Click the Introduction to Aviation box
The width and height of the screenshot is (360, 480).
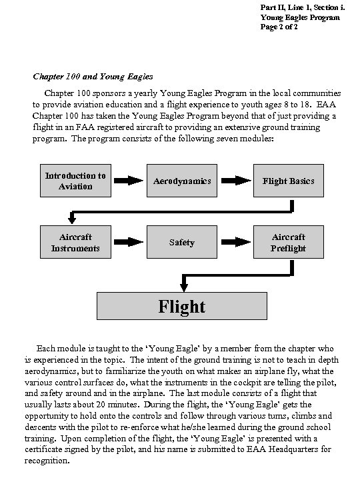coord(75,181)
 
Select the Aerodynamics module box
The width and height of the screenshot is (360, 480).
coord(182,181)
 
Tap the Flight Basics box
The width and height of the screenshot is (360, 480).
coord(289,181)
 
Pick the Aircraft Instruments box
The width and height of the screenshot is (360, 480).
coord(75,243)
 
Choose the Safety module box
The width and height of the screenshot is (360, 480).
coord(182,243)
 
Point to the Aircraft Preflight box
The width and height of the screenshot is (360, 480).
coord(289,243)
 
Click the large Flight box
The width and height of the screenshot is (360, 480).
coord(182,306)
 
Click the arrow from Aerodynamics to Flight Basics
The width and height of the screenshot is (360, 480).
coord(235,181)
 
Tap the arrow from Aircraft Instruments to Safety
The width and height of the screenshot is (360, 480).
coord(129,243)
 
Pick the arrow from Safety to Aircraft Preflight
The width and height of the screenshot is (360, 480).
coord(235,243)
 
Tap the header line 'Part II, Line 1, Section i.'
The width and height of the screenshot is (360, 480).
coord(289,7)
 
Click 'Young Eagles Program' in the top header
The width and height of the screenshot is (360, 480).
coord(291,17)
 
